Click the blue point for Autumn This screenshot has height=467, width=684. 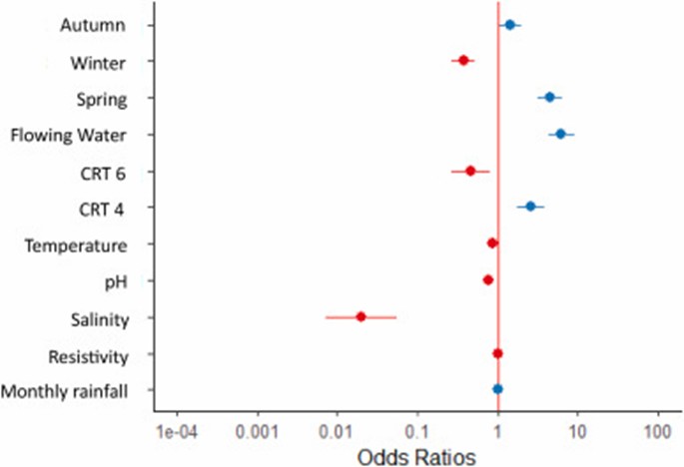click(x=509, y=25)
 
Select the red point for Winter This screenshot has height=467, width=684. click(x=463, y=61)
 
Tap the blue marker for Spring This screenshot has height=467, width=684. click(x=549, y=97)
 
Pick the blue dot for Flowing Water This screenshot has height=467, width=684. click(x=560, y=134)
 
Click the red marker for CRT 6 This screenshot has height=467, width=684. click(x=470, y=171)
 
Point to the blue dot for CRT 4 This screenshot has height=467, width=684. click(x=530, y=207)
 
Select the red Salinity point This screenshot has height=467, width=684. click(x=360, y=316)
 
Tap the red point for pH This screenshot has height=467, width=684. click(x=488, y=280)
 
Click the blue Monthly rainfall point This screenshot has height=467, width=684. click(x=497, y=389)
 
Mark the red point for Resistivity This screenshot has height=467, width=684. click(x=497, y=353)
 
